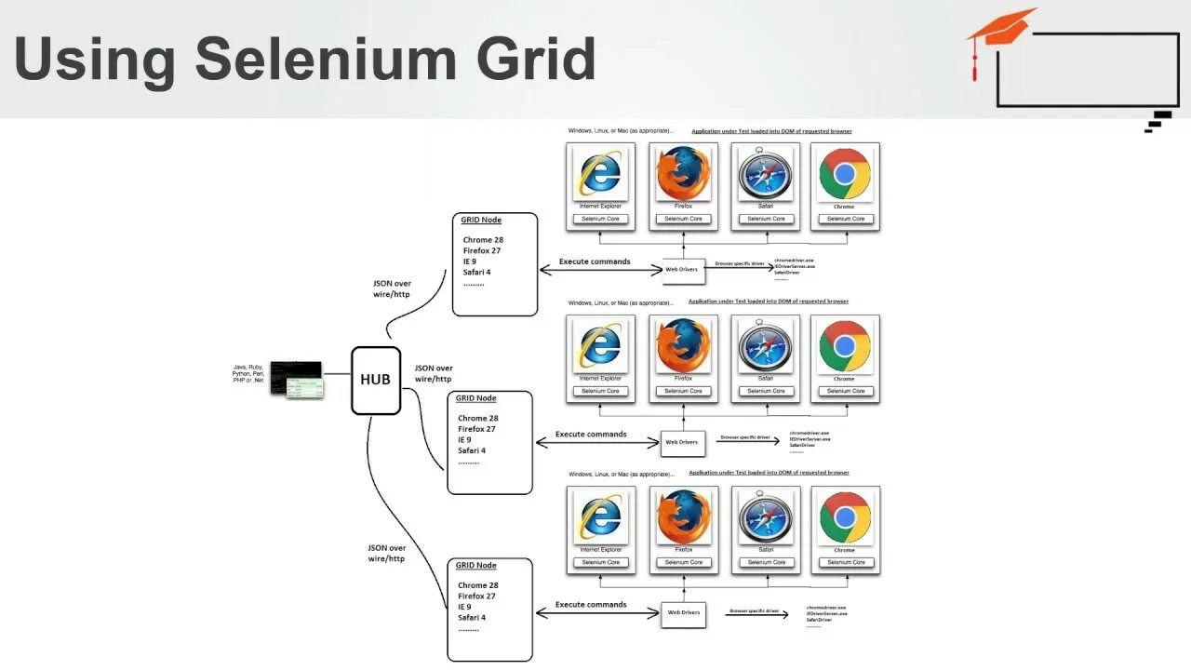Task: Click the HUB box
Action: tap(376, 380)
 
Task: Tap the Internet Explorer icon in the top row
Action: tap(601, 174)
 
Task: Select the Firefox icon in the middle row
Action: tap(684, 345)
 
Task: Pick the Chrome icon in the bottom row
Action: tap(845, 517)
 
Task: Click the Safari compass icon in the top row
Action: tap(766, 174)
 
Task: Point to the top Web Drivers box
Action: tap(682, 270)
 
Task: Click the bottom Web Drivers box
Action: tap(684, 613)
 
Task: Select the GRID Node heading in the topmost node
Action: tap(481, 221)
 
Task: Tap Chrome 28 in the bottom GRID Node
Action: tap(478, 585)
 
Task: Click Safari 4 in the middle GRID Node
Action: tap(473, 450)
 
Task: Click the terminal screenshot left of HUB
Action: tap(297, 379)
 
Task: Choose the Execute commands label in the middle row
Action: tap(591, 434)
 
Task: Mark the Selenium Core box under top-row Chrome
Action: tap(846, 220)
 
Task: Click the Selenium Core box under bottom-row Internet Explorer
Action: tap(601, 563)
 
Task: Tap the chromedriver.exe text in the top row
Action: tap(794, 260)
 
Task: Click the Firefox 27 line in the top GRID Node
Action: tap(483, 250)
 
